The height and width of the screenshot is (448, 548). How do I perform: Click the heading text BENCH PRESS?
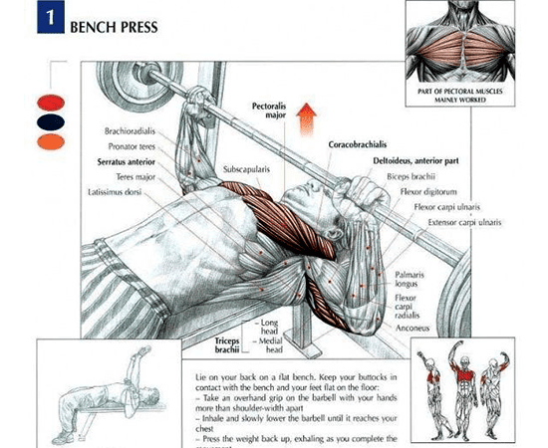click(x=114, y=26)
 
